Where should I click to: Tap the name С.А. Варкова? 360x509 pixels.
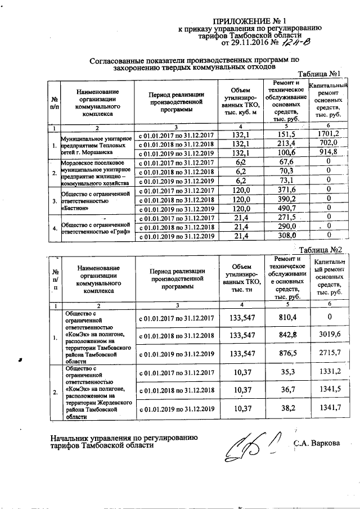317,443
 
